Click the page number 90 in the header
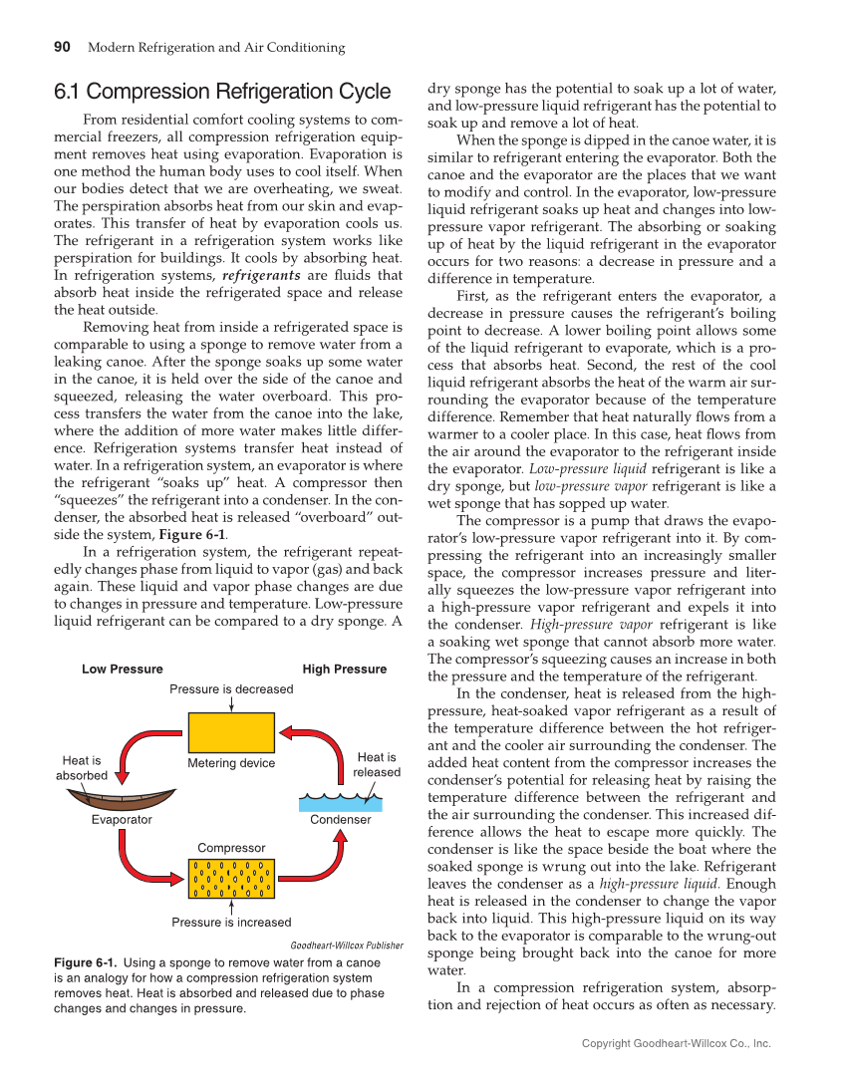[62, 47]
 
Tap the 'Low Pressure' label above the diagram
[122, 670]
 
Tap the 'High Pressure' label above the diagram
[344, 670]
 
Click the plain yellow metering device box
[231, 732]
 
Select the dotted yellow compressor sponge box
[231, 878]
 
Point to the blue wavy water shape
[341, 802]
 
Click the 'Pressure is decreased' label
[231, 689]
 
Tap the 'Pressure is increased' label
[231, 923]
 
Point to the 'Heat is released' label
[377, 765]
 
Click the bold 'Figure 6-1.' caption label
[86, 963]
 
